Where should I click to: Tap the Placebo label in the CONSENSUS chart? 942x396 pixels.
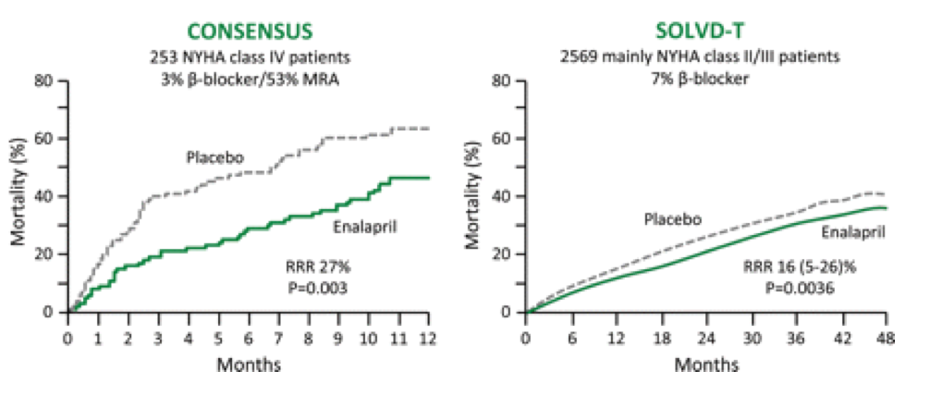[x=214, y=157]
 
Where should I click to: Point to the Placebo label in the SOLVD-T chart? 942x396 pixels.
[x=672, y=219]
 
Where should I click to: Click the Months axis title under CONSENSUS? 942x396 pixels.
[x=249, y=365]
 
